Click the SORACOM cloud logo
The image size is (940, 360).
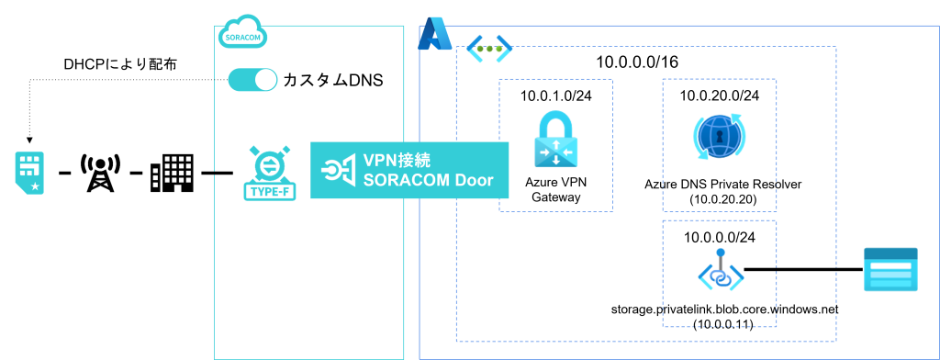242,34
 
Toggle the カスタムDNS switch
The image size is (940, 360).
252,81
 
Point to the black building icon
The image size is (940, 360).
172,173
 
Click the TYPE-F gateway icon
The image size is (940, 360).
267,172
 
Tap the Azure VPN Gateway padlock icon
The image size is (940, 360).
556,141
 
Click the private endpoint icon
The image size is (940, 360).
721,271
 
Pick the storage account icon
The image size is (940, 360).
890,270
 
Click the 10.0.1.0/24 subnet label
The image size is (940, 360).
555,97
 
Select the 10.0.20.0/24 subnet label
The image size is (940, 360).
720,96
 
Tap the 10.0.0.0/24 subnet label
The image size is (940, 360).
720,236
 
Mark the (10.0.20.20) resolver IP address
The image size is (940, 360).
720,201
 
